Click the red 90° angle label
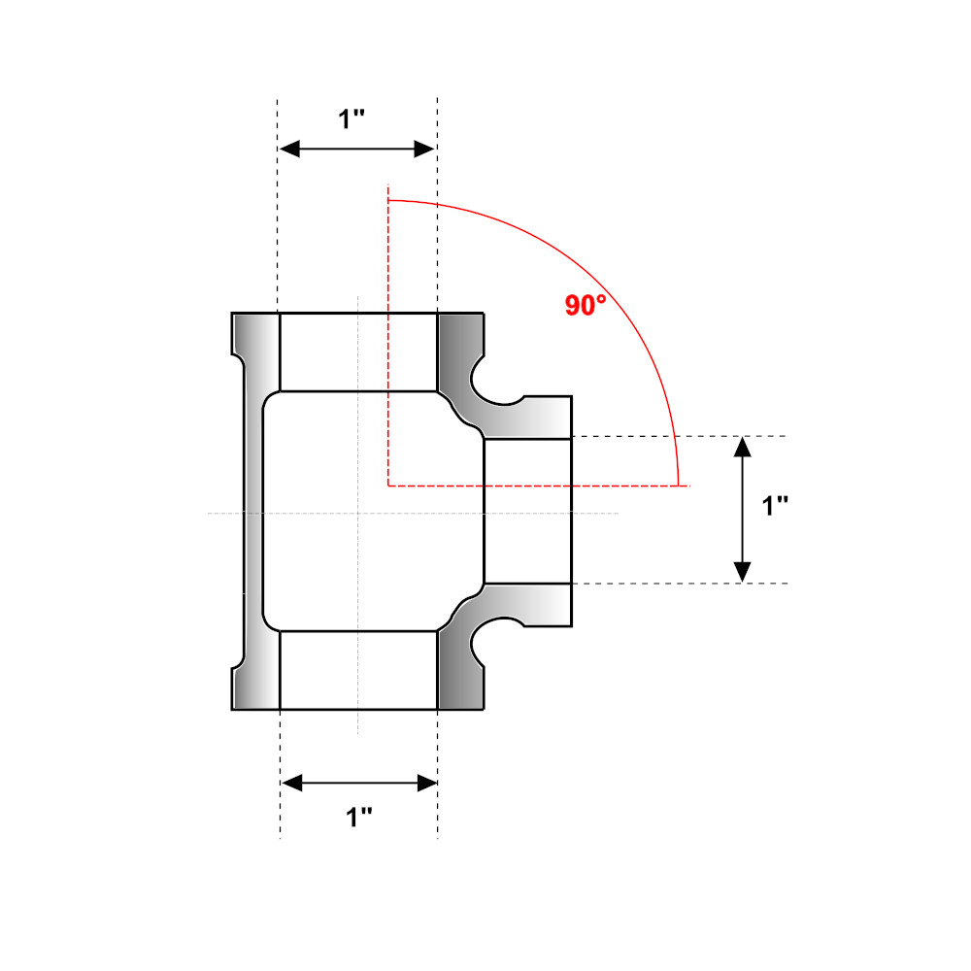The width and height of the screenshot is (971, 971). coord(586,305)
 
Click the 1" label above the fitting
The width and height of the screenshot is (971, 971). coord(352,119)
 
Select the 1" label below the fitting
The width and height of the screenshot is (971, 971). coord(360,818)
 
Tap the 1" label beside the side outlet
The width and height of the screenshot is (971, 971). coord(775,506)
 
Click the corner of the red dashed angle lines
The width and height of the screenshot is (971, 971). coord(388,484)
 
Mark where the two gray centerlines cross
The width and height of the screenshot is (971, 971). coord(358,513)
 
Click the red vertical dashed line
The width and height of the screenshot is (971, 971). coord(388,340)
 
